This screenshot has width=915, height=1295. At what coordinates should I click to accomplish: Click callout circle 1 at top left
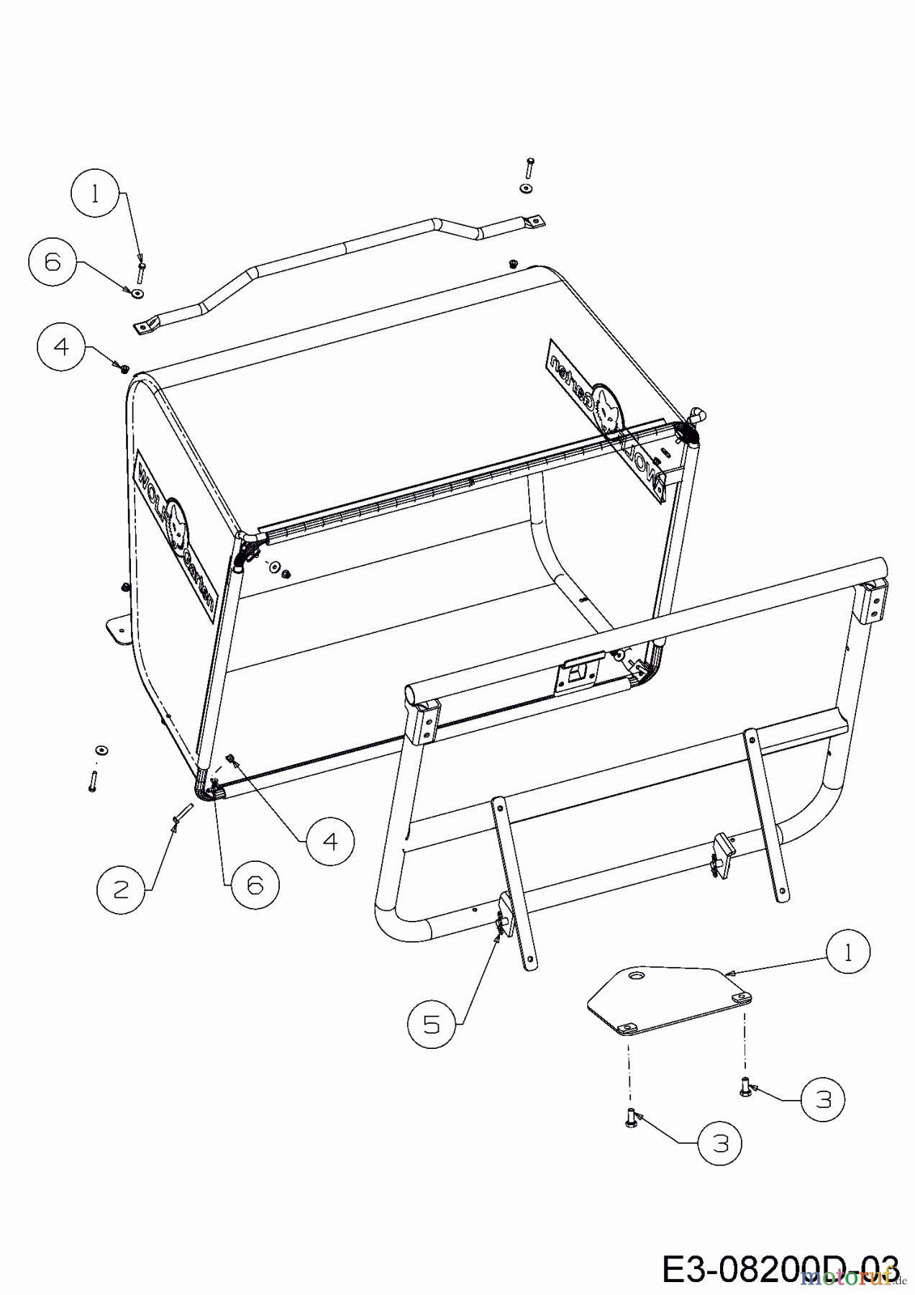pyautogui.click(x=96, y=196)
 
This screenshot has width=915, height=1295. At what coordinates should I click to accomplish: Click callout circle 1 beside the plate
pyautogui.click(x=848, y=953)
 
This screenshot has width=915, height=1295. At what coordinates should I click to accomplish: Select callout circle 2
pyautogui.click(x=122, y=890)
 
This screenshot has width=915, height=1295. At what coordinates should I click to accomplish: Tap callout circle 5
pyautogui.click(x=431, y=1023)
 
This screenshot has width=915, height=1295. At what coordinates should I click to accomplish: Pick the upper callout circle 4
pyautogui.click(x=61, y=347)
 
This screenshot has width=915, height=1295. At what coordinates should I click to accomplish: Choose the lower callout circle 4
pyautogui.click(x=329, y=840)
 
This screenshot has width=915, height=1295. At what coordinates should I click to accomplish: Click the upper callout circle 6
pyautogui.click(x=53, y=263)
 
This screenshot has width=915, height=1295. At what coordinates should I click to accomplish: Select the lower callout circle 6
pyautogui.click(x=255, y=886)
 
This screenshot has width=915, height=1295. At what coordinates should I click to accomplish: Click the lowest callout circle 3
pyautogui.click(x=721, y=1143)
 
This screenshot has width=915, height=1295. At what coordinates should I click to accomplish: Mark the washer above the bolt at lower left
pyautogui.click(x=101, y=750)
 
